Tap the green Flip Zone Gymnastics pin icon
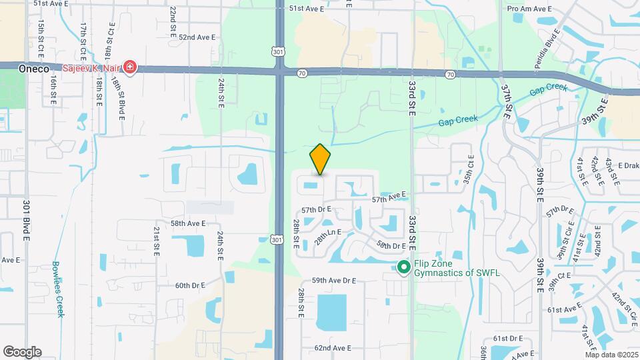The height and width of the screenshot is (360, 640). point(403,267)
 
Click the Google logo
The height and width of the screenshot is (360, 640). point(22,351)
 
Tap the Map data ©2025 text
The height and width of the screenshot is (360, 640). point(611,354)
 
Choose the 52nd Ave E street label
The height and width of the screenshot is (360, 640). point(192,37)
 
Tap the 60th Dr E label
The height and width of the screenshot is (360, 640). point(190,285)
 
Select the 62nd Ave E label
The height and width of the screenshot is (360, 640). point(332,348)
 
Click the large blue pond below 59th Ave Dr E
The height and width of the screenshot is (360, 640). point(337,312)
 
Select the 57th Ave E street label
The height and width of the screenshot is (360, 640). point(389,198)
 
